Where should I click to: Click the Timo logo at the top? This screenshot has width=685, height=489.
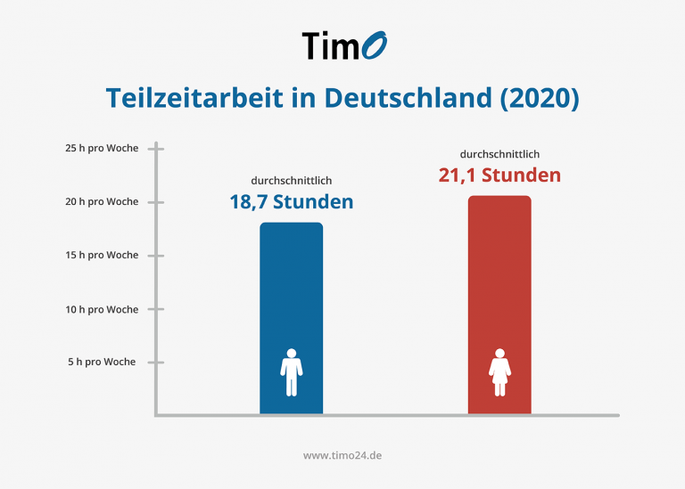[342, 45]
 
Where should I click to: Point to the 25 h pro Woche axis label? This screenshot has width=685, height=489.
[102, 148]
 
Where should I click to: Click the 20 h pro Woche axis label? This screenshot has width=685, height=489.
[102, 201]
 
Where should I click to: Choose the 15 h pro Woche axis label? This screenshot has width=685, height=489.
[102, 255]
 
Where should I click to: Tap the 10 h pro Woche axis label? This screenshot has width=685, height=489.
[102, 309]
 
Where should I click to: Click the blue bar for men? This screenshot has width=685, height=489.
[292, 294]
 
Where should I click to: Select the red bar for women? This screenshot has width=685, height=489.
[499, 285]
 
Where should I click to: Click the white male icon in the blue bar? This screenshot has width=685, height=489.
[292, 372]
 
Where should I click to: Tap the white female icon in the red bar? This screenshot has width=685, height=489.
[499, 372]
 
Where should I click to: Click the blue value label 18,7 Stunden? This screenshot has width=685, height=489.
[292, 202]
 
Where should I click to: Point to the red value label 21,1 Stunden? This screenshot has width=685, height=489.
[499, 175]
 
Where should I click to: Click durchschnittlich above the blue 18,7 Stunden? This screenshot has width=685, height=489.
[292, 180]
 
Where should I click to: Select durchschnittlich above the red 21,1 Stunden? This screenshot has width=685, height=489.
[499, 153]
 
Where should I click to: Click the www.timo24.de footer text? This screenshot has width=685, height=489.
[343, 454]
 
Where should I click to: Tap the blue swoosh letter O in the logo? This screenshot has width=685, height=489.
[375, 44]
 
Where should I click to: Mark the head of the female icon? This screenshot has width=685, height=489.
[499, 353]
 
